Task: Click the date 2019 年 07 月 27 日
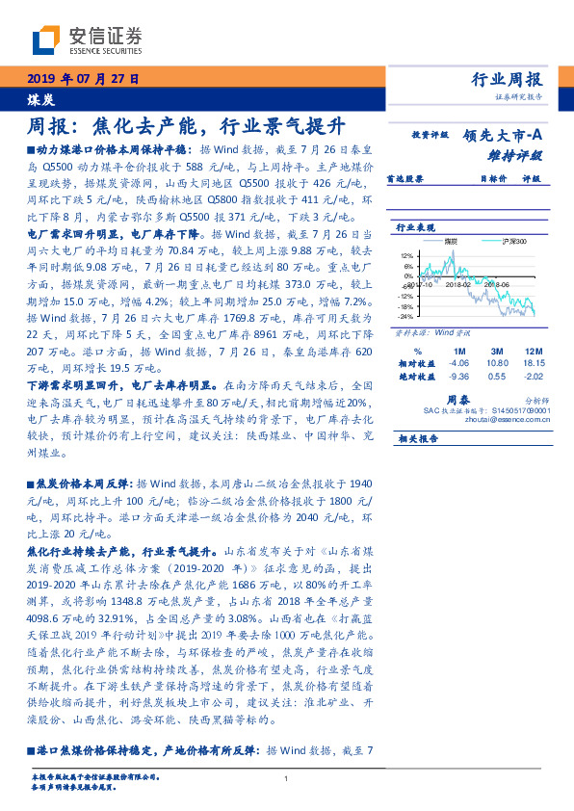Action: [x=82, y=80]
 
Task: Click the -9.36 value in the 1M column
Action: [x=458, y=378]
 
